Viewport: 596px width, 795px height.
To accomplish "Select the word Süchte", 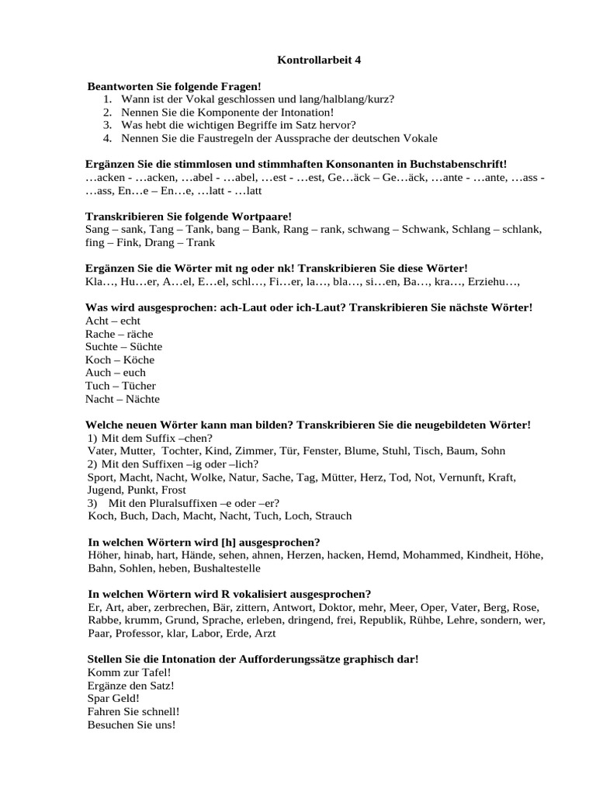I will pos(144,347).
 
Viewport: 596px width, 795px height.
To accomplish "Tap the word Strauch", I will pos(331,516).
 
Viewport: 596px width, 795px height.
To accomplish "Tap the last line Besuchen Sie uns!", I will pos(132,725).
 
